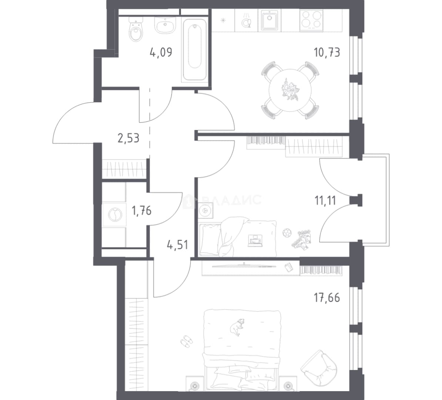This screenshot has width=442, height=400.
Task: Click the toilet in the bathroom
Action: click(136, 30)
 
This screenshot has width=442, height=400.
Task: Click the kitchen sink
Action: click(269, 20)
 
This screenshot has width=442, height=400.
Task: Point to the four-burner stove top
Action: click(311, 20)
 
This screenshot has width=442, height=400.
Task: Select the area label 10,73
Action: click(327, 53)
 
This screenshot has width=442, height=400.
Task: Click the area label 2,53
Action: click(128, 138)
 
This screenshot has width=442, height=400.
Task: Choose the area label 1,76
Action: click(141, 210)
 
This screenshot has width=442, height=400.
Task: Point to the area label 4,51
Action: click(178, 244)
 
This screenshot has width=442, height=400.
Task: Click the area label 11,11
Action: click(325, 201)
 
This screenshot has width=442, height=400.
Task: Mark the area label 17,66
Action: click(327, 298)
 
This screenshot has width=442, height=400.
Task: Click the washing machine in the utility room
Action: click(114, 214)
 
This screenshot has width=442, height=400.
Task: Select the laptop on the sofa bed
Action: click(255, 241)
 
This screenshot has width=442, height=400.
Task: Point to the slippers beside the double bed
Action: click(186, 340)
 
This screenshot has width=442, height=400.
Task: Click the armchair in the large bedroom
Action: click(319, 368)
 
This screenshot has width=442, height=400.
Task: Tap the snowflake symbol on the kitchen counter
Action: click(223, 20)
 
